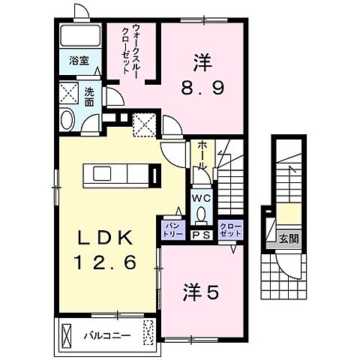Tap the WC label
point(200,199)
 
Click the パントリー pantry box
point(172,229)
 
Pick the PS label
point(200,235)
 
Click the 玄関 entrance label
point(289,240)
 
